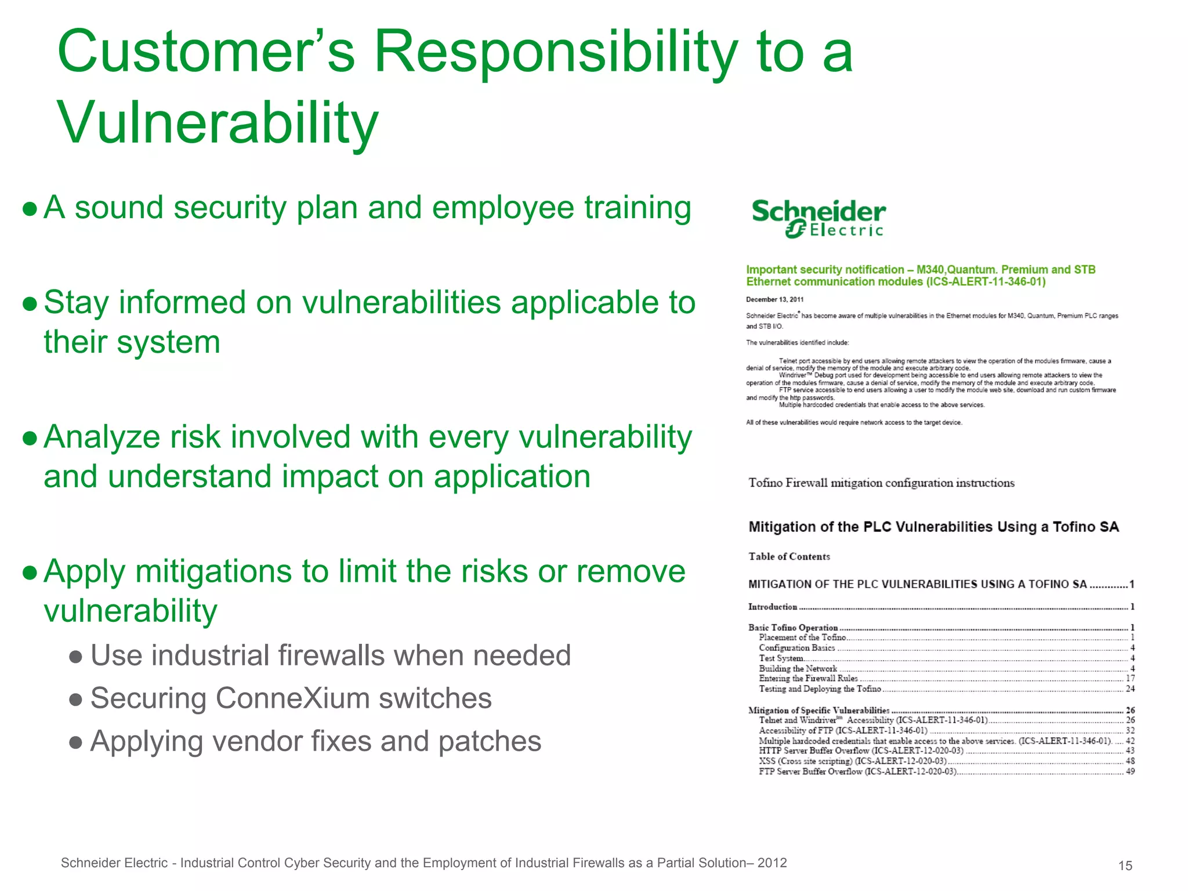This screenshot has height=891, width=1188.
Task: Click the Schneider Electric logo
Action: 818,218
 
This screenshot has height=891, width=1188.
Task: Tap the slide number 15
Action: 1125,866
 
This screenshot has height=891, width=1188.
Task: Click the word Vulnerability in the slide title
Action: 218,122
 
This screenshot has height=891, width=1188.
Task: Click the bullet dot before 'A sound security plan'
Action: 30,208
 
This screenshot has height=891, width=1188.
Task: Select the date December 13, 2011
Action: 774,299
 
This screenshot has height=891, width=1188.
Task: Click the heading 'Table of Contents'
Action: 789,556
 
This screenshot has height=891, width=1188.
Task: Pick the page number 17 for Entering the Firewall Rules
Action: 1130,678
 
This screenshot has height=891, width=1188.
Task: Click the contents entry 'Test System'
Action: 781,658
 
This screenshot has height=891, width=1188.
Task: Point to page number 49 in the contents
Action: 1130,772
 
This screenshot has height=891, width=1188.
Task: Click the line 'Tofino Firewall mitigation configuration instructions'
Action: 881,483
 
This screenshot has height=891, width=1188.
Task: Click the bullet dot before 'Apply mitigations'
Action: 30,573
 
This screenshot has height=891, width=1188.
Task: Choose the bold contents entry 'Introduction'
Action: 773,607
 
